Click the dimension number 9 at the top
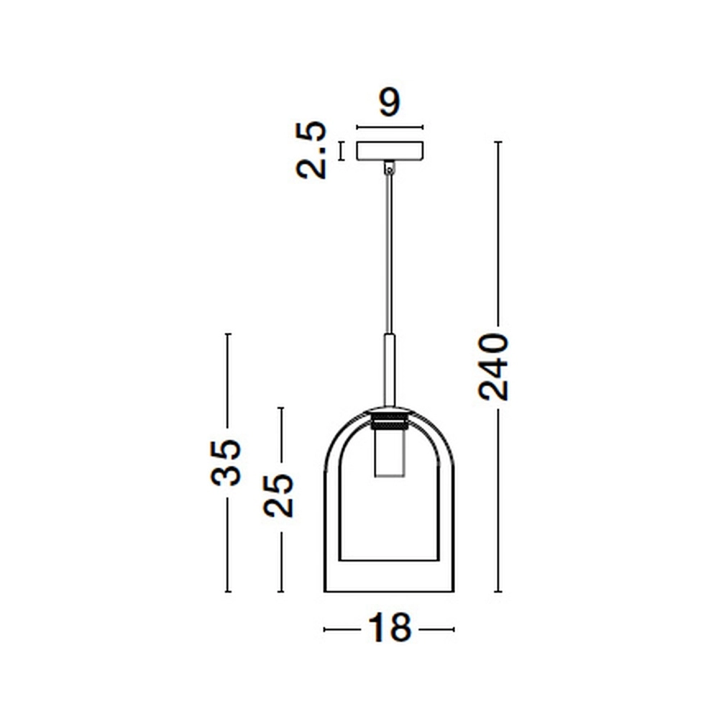point(389,103)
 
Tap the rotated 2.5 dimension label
point(312,150)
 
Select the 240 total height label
point(494,366)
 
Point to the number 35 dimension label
point(226,462)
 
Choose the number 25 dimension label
point(280,495)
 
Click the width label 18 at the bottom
point(389,628)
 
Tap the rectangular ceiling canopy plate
point(390,150)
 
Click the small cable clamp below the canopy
point(389,168)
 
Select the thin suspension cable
point(389,252)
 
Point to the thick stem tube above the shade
point(389,370)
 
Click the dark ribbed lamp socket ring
point(389,421)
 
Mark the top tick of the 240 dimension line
point(498,142)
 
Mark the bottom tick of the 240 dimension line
point(498,592)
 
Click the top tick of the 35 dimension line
point(227,334)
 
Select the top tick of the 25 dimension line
point(280,408)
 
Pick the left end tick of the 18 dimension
point(325,630)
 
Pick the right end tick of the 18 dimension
point(454,630)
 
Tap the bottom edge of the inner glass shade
point(389,559)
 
